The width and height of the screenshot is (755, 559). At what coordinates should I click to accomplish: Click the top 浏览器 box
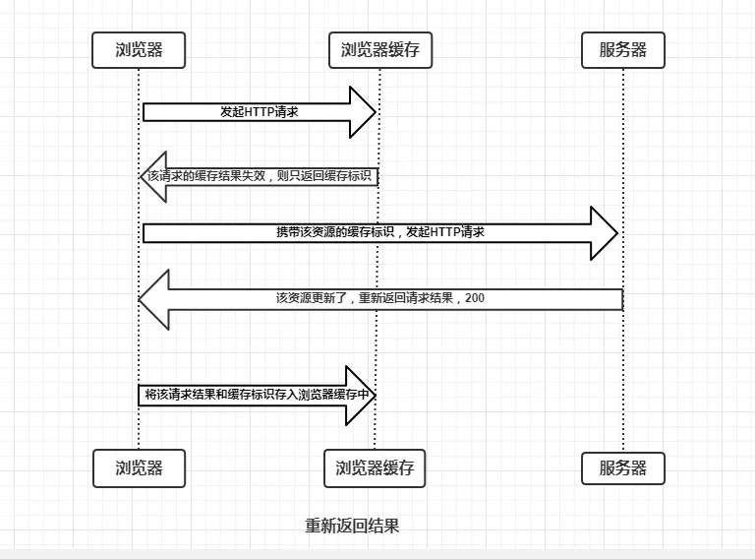click(139, 50)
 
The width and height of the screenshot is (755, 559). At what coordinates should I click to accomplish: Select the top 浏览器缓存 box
click(379, 50)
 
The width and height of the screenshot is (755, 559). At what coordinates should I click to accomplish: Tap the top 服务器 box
click(623, 50)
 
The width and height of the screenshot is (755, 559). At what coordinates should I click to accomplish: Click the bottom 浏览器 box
click(139, 468)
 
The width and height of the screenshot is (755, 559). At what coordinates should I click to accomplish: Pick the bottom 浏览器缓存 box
click(375, 468)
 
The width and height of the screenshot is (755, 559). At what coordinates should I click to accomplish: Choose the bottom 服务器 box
click(623, 468)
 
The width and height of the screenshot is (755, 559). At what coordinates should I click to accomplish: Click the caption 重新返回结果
click(352, 526)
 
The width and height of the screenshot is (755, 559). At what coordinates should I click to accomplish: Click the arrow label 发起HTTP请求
click(259, 112)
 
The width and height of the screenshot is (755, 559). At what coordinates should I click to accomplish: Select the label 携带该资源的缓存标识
click(335, 232)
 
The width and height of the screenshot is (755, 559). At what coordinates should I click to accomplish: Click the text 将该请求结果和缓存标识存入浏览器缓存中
click(257, 395)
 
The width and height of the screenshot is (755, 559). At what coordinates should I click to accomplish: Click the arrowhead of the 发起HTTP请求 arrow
click(364, 112)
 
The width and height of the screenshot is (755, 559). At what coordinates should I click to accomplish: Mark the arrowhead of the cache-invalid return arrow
click(152, 176)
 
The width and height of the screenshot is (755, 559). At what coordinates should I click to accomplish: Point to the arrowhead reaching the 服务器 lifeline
click(604, 233)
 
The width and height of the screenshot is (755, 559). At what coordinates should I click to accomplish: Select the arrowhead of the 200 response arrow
click(155, 298)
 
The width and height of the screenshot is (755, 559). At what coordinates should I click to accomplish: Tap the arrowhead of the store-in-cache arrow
click(362, 395)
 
